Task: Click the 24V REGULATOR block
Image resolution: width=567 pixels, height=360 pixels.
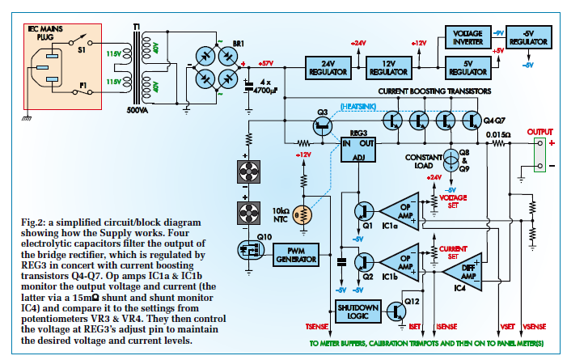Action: click(328, 68)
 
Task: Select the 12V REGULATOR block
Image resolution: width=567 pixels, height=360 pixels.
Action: click(389, 68)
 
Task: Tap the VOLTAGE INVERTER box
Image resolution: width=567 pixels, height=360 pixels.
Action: click(468, 37)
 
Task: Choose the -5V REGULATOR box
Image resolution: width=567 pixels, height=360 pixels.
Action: click(529, 37)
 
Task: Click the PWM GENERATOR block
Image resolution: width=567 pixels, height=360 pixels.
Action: click(296, 255)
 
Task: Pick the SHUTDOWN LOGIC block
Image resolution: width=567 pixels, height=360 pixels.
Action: click(358, 311)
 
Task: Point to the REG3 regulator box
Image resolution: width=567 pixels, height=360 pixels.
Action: click(358, 150)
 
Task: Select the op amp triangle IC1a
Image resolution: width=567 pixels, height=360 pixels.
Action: click(400, 211)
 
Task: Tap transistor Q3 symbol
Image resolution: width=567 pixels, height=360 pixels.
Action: click(323, 126)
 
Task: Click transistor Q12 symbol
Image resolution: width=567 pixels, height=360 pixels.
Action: click(396, 311)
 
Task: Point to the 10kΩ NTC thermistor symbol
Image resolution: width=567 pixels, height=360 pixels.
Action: click(303, 215)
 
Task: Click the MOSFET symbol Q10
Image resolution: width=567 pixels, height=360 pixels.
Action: click(251, 250)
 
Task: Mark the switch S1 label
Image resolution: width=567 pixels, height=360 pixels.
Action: click(82, 50)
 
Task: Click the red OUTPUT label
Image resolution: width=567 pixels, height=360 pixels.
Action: click(539, 132)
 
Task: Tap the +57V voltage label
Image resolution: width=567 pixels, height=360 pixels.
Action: click(266, 63)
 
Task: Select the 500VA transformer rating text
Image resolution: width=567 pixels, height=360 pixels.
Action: click(138, 110)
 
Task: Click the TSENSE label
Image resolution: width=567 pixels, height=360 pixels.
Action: click(317, 327)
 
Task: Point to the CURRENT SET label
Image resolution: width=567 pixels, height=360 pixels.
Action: click(453, 252)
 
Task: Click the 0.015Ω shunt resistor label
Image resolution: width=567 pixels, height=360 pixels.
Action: click(498, 135)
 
